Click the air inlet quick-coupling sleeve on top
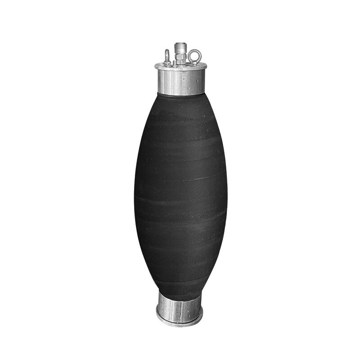click(180, 48)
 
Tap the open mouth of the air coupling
click(180, 44)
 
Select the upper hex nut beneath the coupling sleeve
click(180, 55)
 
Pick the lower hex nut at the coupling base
click(180, 61)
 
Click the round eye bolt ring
click(195, 56)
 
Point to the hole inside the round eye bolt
click(195, 56)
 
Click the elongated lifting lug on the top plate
click(167, 56)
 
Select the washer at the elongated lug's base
click(167, 63)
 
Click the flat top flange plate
click(180, 67)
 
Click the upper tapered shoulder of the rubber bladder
click(180, 112)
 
